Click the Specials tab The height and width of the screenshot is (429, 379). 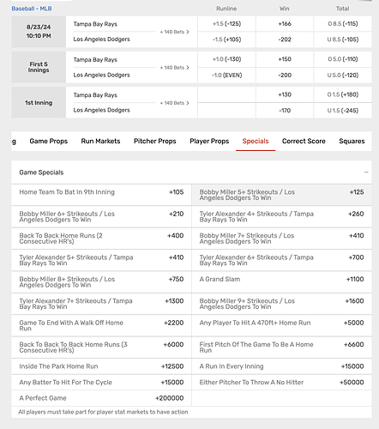point(256,141)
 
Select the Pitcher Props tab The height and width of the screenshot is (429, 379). point(155,141)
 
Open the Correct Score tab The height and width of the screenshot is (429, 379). point(306,141)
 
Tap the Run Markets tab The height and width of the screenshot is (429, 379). point(100,141)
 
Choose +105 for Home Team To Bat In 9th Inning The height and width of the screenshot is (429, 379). point(176,192)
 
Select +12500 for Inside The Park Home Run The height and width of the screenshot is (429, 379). point(171,366)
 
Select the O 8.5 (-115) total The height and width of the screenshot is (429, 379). point(342,24)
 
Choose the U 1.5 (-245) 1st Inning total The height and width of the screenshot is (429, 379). point(342,110)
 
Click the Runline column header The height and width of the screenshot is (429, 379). point(226,8)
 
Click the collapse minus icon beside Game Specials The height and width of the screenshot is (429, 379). point(365,172)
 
